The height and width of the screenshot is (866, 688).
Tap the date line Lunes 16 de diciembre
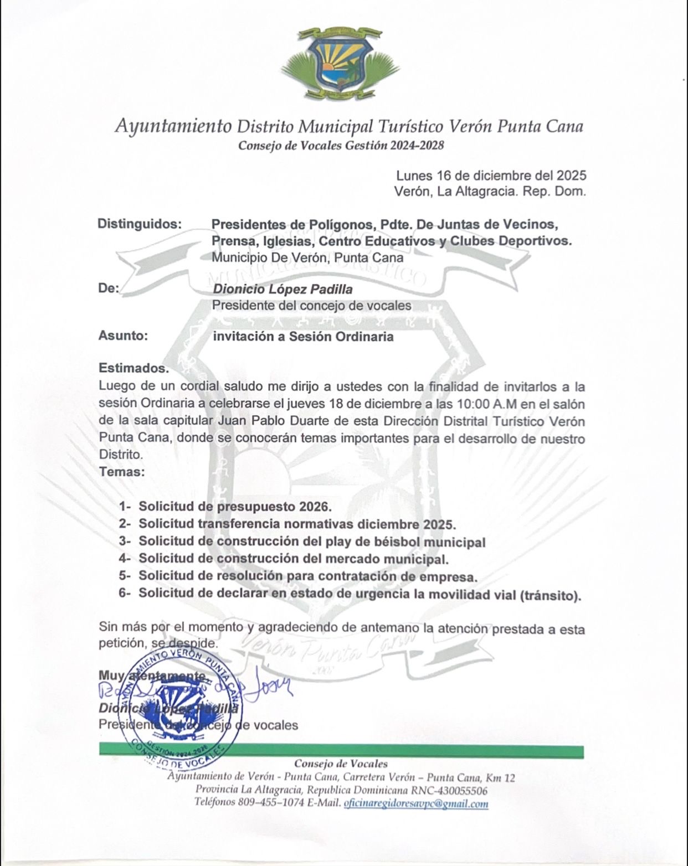click(x=491, y=176)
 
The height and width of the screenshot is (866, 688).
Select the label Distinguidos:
click(x=140, y=224)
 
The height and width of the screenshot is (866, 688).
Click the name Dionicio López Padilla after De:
click(x=283, y=289)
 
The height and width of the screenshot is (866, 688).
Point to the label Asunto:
click(x=123, y=336)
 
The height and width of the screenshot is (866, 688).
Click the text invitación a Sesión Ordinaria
click(x=303, y=336)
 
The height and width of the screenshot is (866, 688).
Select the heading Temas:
click(x=122, y=473)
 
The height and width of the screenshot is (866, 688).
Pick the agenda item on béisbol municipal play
click(x=312, y=542)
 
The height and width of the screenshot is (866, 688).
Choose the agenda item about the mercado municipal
click(x=294, y=559)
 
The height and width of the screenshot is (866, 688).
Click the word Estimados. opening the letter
click(x=133, y=368)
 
